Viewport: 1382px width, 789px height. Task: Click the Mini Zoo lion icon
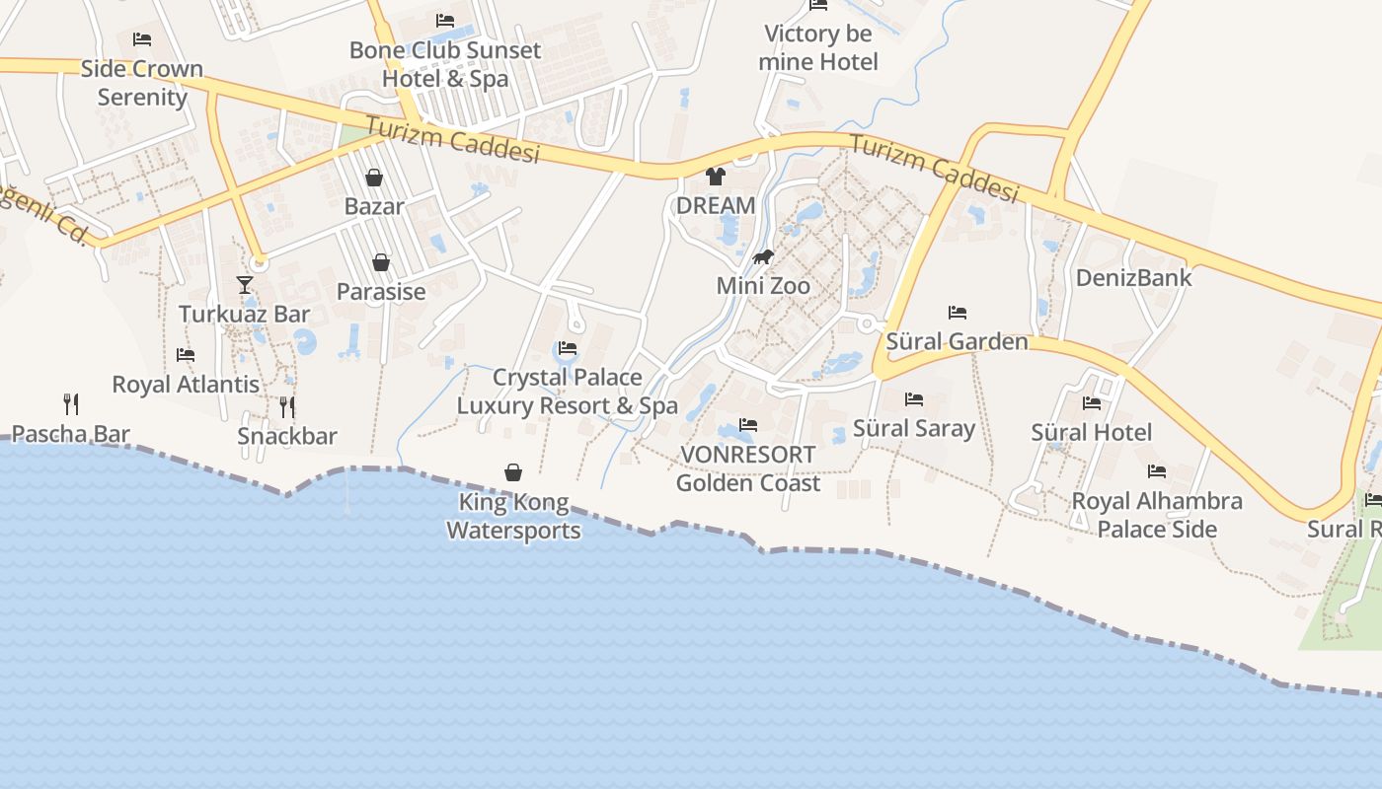(763, 258)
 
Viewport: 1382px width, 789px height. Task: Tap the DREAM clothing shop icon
(716, 177)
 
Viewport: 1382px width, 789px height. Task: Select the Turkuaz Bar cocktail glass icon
(245, 285)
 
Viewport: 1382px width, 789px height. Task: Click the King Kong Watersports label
(513, 516)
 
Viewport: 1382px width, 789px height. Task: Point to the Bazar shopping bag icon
(374, 178)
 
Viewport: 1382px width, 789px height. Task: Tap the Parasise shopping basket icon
(381, 262)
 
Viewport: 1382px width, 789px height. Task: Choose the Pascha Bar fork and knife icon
(71, 403)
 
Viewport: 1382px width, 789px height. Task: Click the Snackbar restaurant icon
(287, 406)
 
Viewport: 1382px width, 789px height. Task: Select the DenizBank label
(1134, 277)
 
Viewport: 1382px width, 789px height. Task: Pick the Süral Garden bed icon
(957, 313)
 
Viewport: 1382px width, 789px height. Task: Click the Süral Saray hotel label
(914, 428)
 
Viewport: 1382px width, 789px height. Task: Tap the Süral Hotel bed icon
(1091, 402)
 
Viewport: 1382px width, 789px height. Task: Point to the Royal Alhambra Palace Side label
(1157, 514)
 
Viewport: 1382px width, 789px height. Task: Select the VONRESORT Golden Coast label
(748, 468)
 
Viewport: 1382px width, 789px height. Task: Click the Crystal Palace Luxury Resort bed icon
(568, 348)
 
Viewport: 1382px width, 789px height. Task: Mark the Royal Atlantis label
(186, 384)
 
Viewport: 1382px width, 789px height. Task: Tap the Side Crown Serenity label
(142, 83)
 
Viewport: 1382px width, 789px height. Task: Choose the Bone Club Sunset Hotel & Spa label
(445, 64)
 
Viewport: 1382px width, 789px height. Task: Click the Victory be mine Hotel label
(818, 47)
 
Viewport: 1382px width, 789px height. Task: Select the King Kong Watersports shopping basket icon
(513, 472)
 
